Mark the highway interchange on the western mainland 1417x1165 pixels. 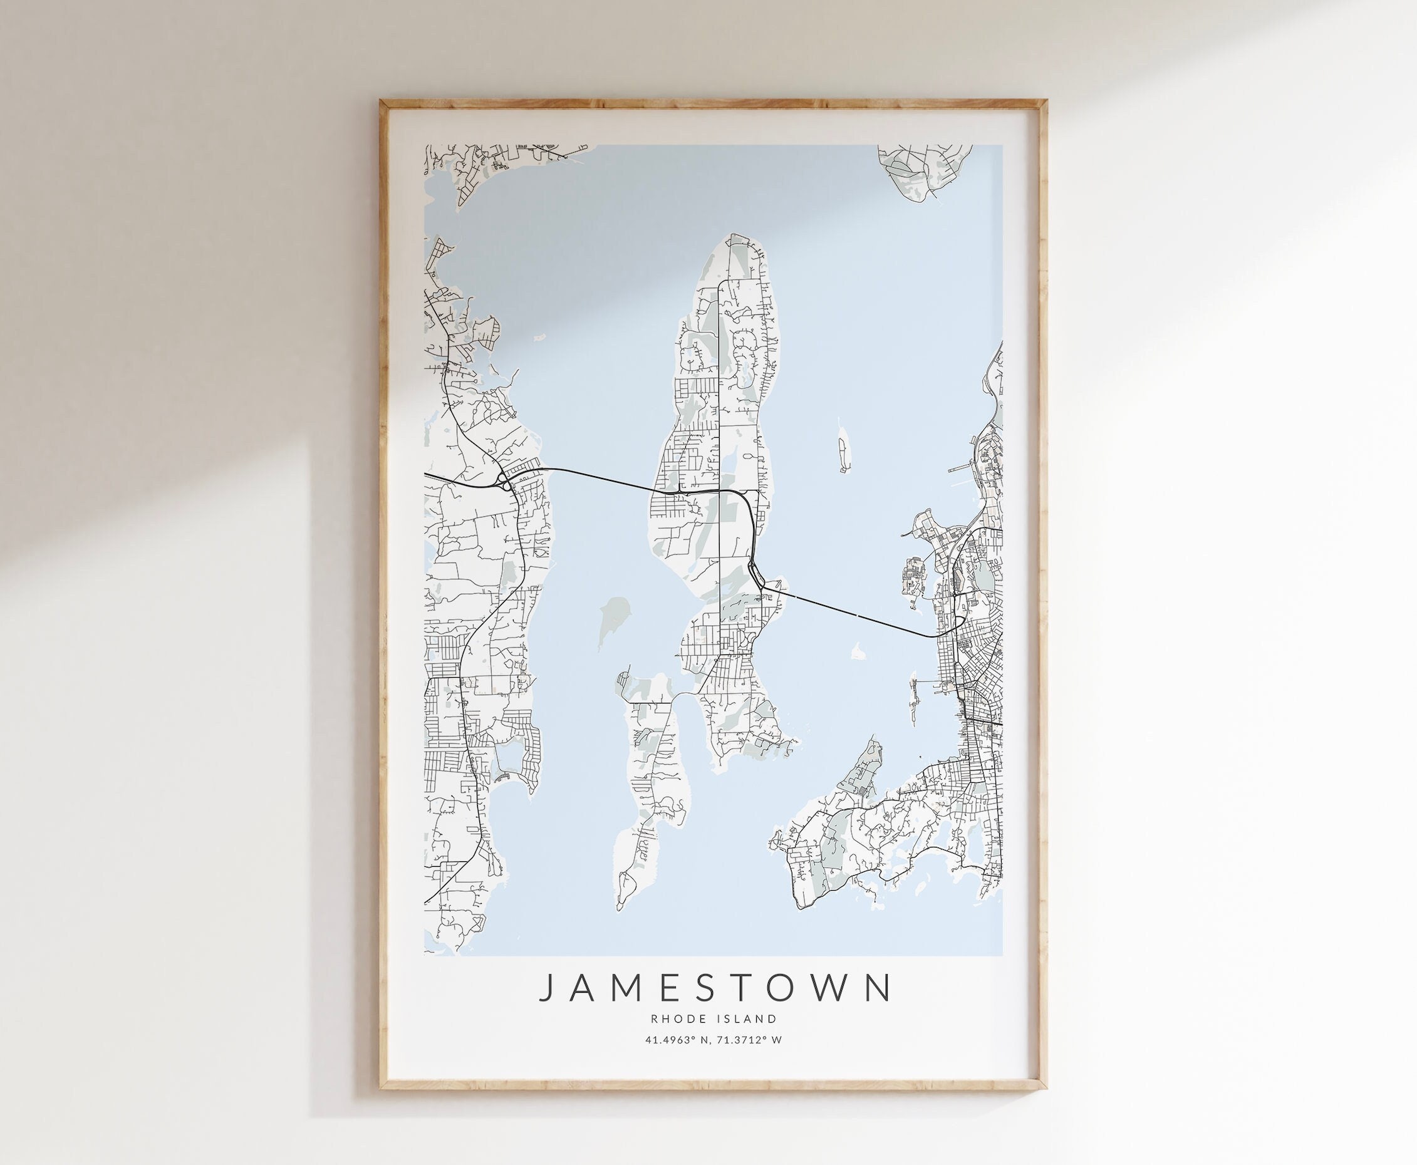(x=504, y=479)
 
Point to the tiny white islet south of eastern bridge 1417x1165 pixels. (x=856, y=650)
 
